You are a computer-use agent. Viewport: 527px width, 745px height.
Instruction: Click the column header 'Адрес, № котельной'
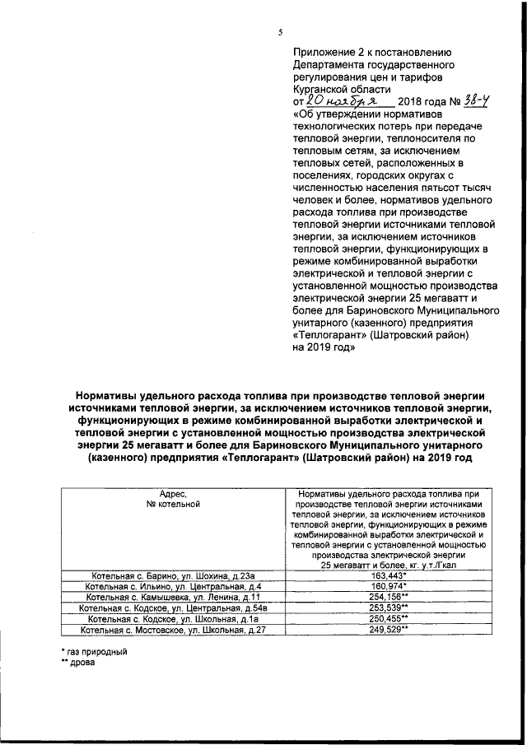click(168, 499)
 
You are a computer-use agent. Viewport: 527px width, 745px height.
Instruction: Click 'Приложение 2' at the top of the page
click(328, 49)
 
